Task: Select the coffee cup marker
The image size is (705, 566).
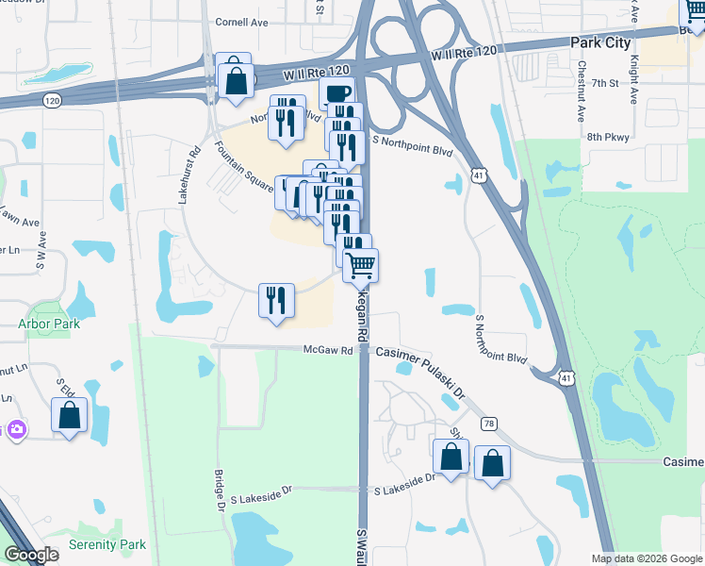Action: click(336, 92)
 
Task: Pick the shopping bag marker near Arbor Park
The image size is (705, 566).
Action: click(69, 414)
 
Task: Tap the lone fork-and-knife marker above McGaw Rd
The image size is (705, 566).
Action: click(276, 301)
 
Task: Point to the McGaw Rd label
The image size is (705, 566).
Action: click(328, 350)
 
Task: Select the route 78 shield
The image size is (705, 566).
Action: click(488, 425)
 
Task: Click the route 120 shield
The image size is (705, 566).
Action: click(52, 98)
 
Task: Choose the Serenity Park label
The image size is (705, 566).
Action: click(107, 544)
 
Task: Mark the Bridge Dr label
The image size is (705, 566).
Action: click(219, 491)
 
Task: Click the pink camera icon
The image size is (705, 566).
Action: click(15, 429)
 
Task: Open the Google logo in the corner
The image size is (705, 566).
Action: click(32, 555)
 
